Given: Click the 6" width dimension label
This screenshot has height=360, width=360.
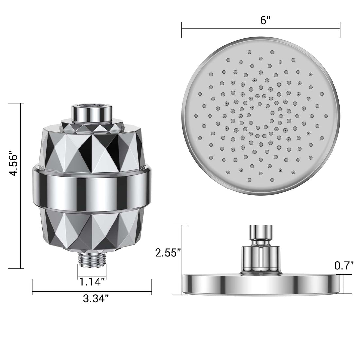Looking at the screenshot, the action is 265,20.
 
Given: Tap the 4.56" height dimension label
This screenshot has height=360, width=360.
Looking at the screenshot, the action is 13,163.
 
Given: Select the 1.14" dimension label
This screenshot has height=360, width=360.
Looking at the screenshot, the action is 92,281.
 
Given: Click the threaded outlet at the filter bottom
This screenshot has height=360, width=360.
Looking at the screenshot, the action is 92,260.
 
